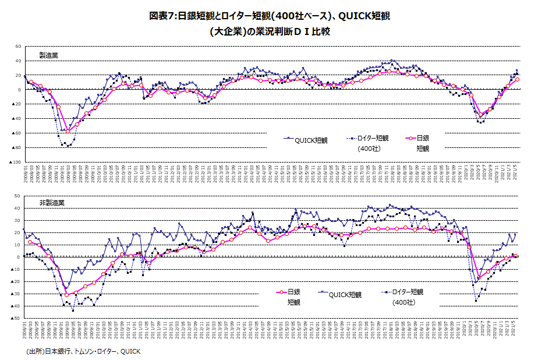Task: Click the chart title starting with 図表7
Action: tap(270, 16)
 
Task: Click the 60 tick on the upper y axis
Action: tap(18, 46)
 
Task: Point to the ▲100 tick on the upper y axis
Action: tap(16, 162)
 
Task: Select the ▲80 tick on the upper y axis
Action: tap(17, 147)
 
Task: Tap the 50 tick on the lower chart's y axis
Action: tap(18, 196)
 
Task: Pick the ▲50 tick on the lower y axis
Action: tap(17, 318)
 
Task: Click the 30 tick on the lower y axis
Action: tap(18, 220)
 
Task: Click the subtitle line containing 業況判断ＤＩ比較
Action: tap(270, 31)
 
